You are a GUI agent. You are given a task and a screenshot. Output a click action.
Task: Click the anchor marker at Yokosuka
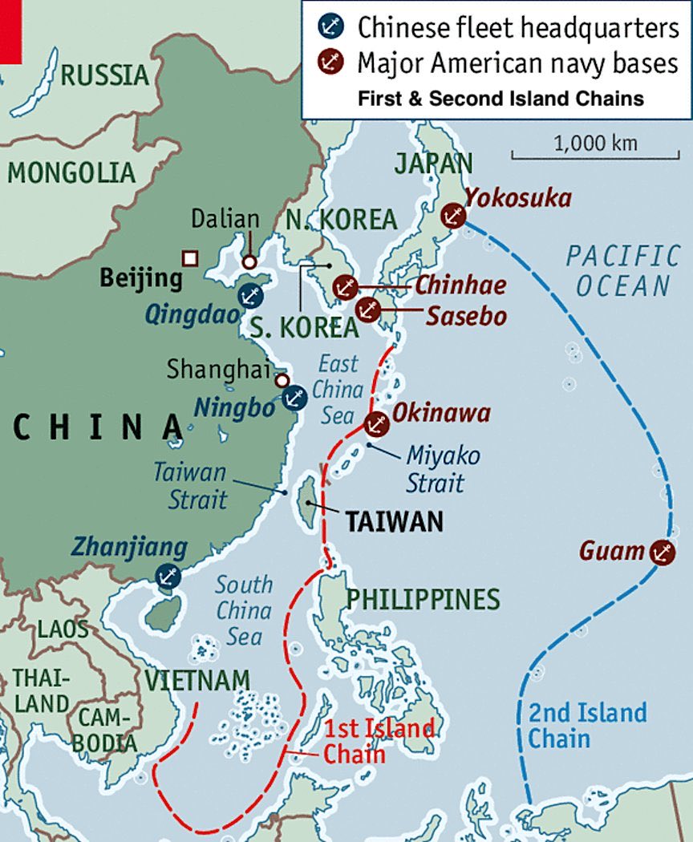[453, 216]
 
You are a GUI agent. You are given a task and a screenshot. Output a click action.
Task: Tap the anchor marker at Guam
[662, 552]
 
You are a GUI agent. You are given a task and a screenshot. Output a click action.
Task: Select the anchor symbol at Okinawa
[375, 423]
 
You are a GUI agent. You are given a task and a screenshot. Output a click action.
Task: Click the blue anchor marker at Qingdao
[249, 294]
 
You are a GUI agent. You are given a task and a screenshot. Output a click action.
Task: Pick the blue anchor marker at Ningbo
[294, 397]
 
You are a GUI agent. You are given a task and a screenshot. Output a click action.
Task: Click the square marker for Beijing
[190, 257]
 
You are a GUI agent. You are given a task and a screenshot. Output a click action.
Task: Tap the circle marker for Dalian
[249, 261]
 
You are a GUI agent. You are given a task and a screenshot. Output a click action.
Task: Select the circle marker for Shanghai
[282, 380]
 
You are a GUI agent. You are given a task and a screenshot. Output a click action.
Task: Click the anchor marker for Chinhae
[345, 286]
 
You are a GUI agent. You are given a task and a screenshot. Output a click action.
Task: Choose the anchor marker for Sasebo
[367, 309]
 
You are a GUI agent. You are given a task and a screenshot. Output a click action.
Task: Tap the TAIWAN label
[394, 522]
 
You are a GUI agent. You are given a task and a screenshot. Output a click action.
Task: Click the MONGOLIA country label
[71, 172]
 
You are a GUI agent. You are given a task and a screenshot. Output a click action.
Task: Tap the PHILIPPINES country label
[423, 599]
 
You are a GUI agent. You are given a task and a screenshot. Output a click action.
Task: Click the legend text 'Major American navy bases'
[518, 63]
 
